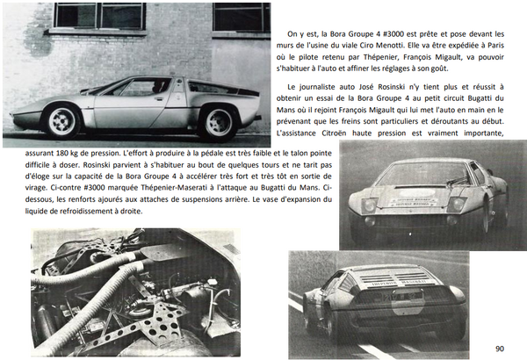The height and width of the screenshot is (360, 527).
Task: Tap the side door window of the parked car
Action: pyautogui.click(x=138, y=89)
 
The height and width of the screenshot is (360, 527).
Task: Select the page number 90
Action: pyautogui.click(x=500, y=348)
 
